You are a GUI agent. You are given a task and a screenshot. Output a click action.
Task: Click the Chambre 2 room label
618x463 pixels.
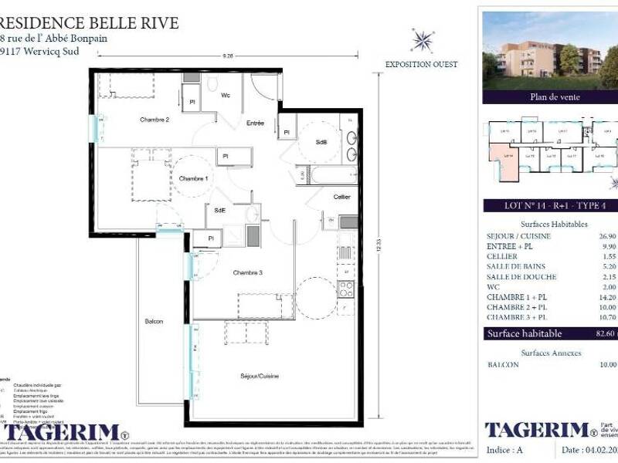pyautogui.click(x=154, y=120)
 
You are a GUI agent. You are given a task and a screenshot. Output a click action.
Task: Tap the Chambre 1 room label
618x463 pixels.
pyautogui.click(x=193, y=179)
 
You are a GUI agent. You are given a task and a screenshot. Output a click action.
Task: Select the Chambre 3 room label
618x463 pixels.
pyautogui.click(x=249, y=272)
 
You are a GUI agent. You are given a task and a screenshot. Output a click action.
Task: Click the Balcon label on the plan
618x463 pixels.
pyautogui.click(x=154, y=321)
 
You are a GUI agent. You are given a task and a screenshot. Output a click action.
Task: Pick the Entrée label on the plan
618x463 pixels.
pyautogui.click(x=255, y=123)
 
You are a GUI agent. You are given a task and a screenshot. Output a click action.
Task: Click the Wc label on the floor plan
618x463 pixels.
pyautogui.click(x=226, y=96)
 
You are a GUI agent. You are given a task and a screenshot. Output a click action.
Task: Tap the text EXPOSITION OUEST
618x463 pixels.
pyautogui.click(x=421, y=65)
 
